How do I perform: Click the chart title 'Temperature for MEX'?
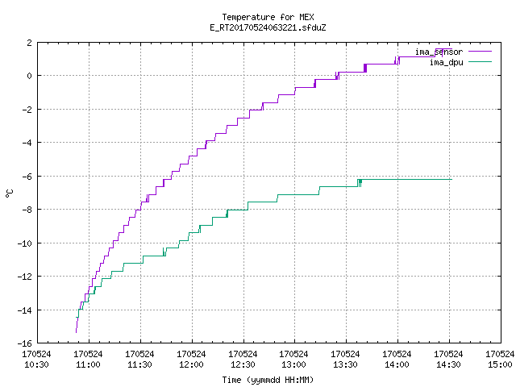pyautogui.click(x=268, y=17)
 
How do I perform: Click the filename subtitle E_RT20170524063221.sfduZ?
pyautogui.click(x=268, y=27)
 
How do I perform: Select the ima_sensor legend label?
pyautogui.click(x=439, y=52)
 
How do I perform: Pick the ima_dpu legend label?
pyautogui.click(x=446, y=62)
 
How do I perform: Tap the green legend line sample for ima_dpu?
pyautogui.click(x=480, y=61)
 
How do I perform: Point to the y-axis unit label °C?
pyautogui.click(x=9, y=193)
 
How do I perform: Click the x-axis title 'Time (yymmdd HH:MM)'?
pyautogui.click(x=268, y=380)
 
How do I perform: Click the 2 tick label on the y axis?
pyautogui.click(x=30, y=43)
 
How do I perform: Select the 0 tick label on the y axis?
pyautogui.click(x=30, y=76)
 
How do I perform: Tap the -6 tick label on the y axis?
pyautogui.click(x=27, y=177)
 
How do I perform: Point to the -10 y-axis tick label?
pyautogui.click(x=25, y=243)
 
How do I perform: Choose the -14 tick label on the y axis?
pyautogui.click(x=25, y=310)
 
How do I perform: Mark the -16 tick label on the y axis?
pyautogui.click(x=25, y=343)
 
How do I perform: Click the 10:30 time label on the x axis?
pyautogui.click(x=36, y=364)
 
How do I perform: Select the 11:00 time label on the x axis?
pyautogui.click(x=88, y=364)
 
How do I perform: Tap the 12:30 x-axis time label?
pyautogui.click(x=243, y=364)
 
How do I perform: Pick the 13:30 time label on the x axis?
pyautogui.click(x=345, y=364)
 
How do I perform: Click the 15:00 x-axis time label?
pyautogui.click(x=500, y=364)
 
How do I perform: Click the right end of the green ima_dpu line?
pyautogui.click(x=451, y=179)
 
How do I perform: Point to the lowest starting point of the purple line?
pyautogui.click(x=76, y=332)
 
